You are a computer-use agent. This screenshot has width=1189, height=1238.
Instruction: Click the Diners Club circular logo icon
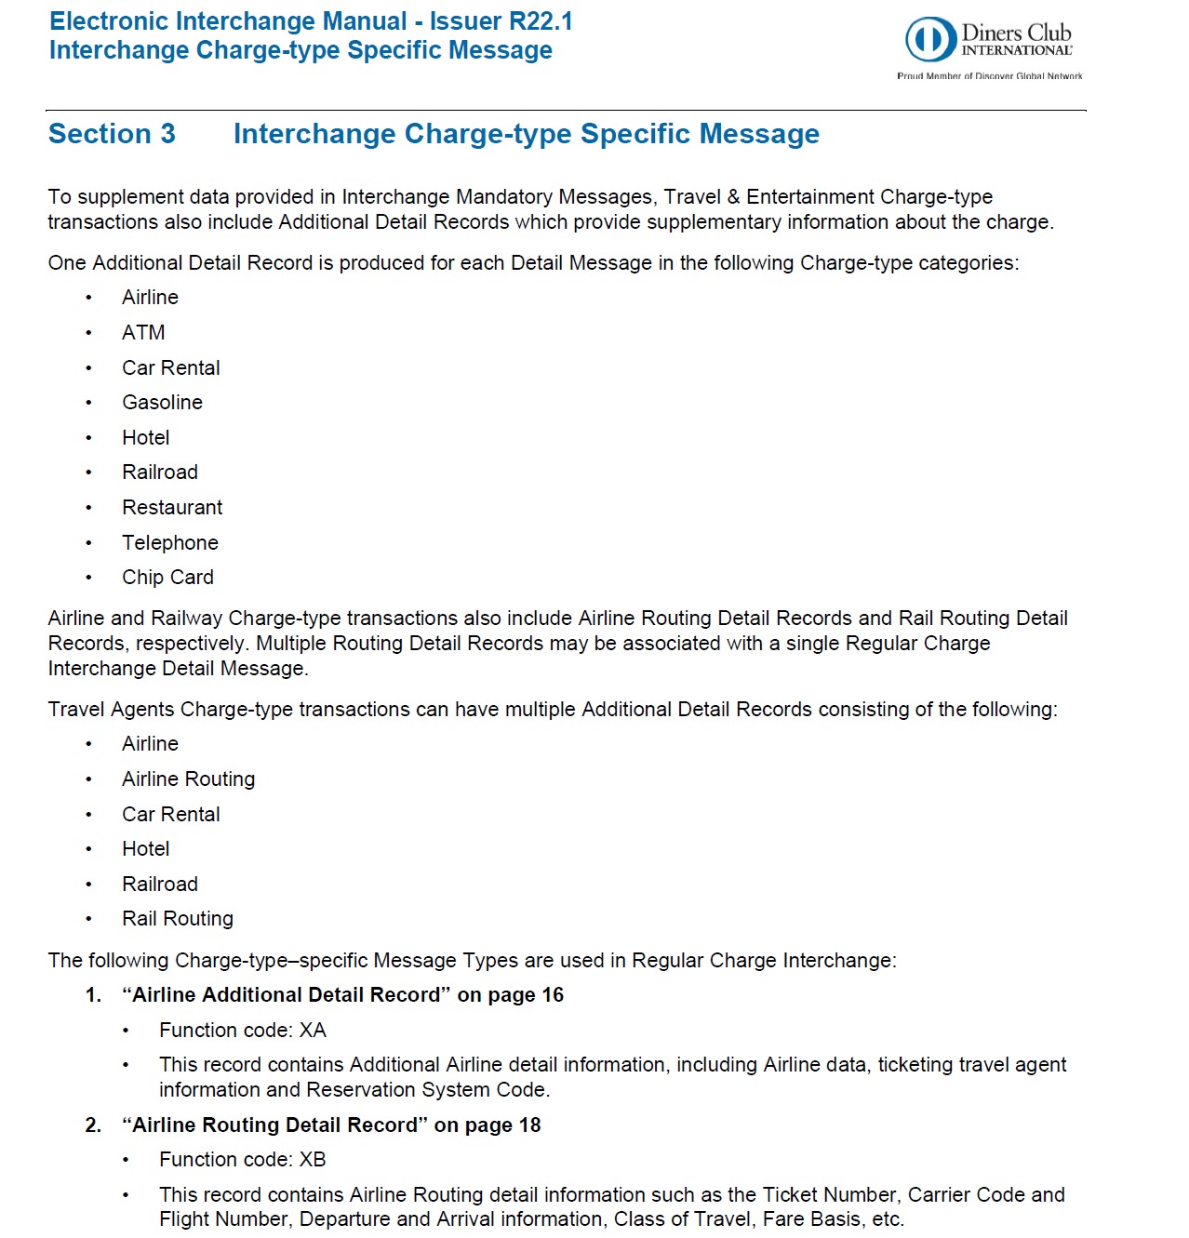pyautogui.click(x=930, y=40)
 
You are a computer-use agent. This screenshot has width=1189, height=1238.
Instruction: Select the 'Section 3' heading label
pyautogui.click(x=112, y=134)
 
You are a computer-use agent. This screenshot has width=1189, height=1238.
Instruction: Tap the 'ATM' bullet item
pyautogui.click(x=143, y=333)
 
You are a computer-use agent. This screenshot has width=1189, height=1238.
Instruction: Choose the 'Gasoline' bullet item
pyautogui.click(x=162, y=403)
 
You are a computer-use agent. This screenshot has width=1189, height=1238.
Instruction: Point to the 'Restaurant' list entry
pyautogui.click(x=172, y=508)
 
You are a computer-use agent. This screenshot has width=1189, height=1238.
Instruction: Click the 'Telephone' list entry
pyautogui.click(x=170, y=543)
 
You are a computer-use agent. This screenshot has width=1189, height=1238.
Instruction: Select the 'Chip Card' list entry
pyautogui.click(x=167, y=578)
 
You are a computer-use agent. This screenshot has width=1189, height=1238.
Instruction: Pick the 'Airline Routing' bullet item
pyautogui.click(x=188, y=779)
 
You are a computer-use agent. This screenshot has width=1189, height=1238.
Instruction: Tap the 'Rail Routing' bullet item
pyautogui.click(x=178, y=919)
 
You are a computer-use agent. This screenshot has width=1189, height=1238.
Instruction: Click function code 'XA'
pyautogui.click(x=313, y=1031)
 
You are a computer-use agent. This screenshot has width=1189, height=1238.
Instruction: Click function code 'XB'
pyautogui.click(x=313, y=1160)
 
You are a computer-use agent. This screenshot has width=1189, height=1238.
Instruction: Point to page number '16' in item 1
pyautogui.click(x=553, y=995)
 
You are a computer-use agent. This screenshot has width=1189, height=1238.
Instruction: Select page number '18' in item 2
pyautogui.click(x=529, y=1125)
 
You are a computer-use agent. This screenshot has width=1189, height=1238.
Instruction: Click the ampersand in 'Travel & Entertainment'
pyautogui.click(x=733, y=197)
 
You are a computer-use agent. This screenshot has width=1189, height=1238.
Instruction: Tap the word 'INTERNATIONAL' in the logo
pyautogui.click(x=1016, y=51)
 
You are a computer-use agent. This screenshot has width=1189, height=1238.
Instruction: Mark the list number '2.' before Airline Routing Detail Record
pyautogui.click(x=93, y=1125)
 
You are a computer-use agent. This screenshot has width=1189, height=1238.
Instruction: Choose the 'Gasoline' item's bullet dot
pyautogui.click(x=89, y=404)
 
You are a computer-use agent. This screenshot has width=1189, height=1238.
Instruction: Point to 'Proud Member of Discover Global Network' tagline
pyautogui.click(x=989, y=76)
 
